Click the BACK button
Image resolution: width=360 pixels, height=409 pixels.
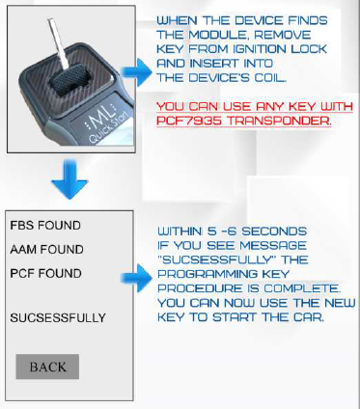click(x=47, y=367)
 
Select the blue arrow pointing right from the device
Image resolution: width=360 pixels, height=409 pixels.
click(x=146, y=66)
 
